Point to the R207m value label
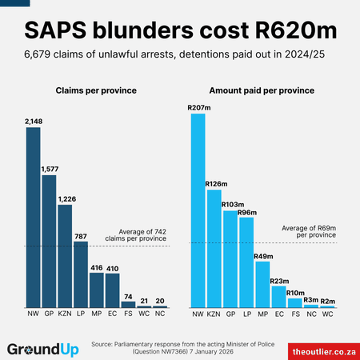[x=198, y=107]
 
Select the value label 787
[x=81, y=236]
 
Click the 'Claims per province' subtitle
[x=95, y=93]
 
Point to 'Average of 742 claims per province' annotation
[x=138, y=235]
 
